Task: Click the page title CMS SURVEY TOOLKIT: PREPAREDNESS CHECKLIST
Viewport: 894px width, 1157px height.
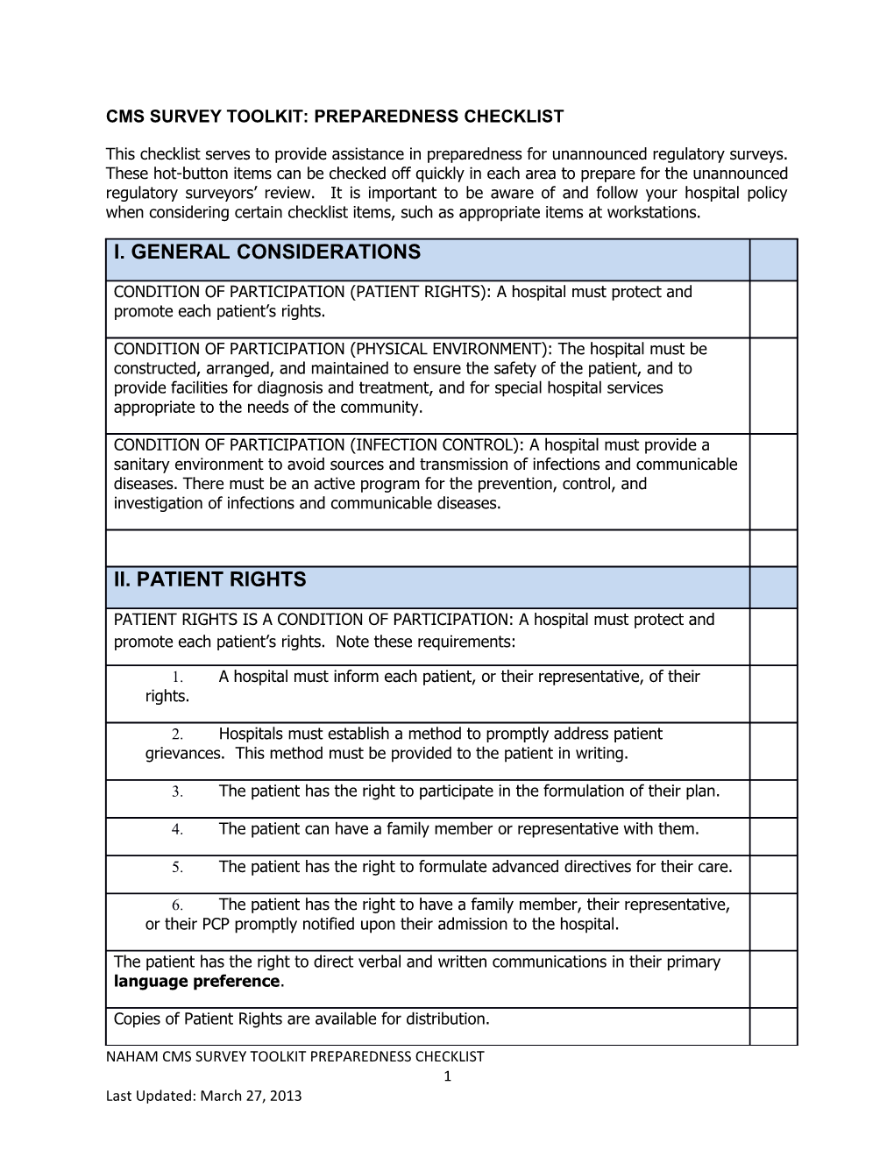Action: pos(335,116)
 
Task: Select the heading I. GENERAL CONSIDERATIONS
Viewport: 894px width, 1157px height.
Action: pos(267,252)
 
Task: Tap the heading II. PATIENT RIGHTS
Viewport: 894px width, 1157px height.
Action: pos(210,579)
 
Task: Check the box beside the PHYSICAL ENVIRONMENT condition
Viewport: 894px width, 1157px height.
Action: pos(773,386)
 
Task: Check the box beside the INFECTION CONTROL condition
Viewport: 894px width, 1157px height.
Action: pos(773,481)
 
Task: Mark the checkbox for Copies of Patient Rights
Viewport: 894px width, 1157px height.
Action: pos(773,1026)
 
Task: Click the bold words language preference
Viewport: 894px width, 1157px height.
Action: pos(196,982)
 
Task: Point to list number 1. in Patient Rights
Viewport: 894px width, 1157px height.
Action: pos(176,678)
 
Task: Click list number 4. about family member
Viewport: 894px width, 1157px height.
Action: pos(176,830)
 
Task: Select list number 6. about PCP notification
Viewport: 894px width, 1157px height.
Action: pos(176,905)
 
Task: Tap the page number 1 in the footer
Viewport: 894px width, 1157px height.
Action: pos(447,1076)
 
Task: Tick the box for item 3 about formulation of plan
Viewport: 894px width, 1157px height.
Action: pos(773,799)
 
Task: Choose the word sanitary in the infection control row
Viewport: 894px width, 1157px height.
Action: pos(140,465)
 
